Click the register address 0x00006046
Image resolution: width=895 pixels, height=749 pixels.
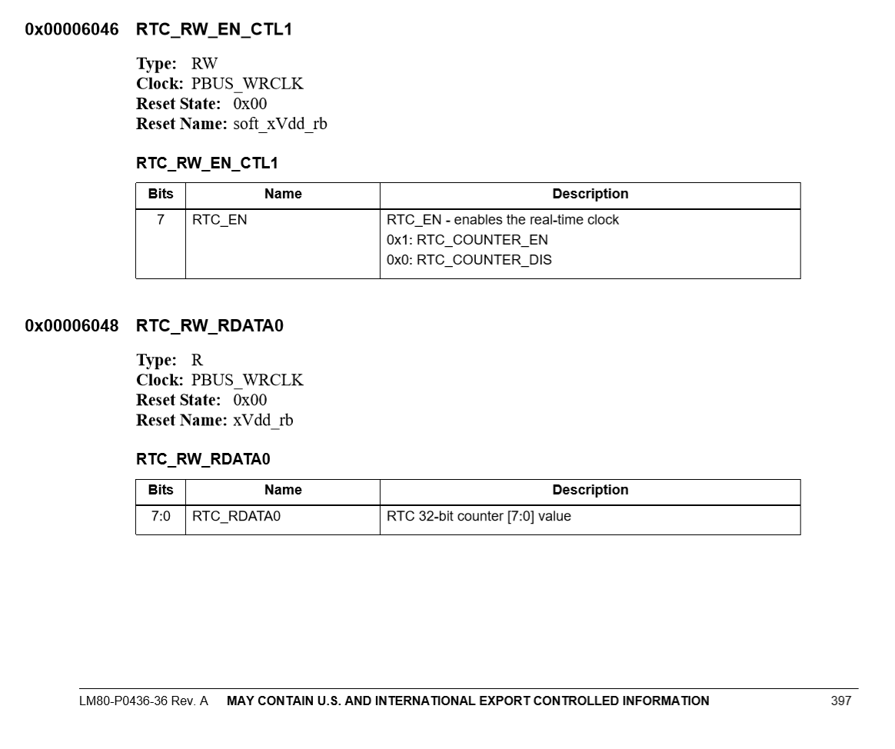point(72,30)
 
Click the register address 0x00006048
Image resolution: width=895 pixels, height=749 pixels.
point(72,326)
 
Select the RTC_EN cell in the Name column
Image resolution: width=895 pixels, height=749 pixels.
point(220,220)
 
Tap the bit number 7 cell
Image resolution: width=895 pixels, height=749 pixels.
point(161,220)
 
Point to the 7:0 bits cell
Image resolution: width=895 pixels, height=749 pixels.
point(161,516)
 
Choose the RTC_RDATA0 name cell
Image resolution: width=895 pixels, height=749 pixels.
point(237,516)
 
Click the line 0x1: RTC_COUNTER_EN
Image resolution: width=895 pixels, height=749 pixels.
point(467,240)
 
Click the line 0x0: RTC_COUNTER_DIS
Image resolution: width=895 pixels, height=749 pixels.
point(469,260)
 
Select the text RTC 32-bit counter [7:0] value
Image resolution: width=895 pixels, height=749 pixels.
point(479,516)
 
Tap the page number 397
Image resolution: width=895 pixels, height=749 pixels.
point(841,701)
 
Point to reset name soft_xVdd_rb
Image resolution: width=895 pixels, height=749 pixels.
point(280,124)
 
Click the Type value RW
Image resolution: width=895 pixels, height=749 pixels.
point(205,64)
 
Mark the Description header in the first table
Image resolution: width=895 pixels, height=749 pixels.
point(590,195)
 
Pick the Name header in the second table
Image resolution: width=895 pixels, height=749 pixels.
point(283,491)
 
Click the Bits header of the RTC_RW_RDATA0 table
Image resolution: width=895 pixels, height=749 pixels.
point(161,491)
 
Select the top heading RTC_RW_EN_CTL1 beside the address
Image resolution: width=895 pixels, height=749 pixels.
point(214,30)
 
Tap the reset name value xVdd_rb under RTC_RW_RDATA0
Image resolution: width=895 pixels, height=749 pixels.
point(263,421)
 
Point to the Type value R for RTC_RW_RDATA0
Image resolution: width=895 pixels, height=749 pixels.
point(197,361)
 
